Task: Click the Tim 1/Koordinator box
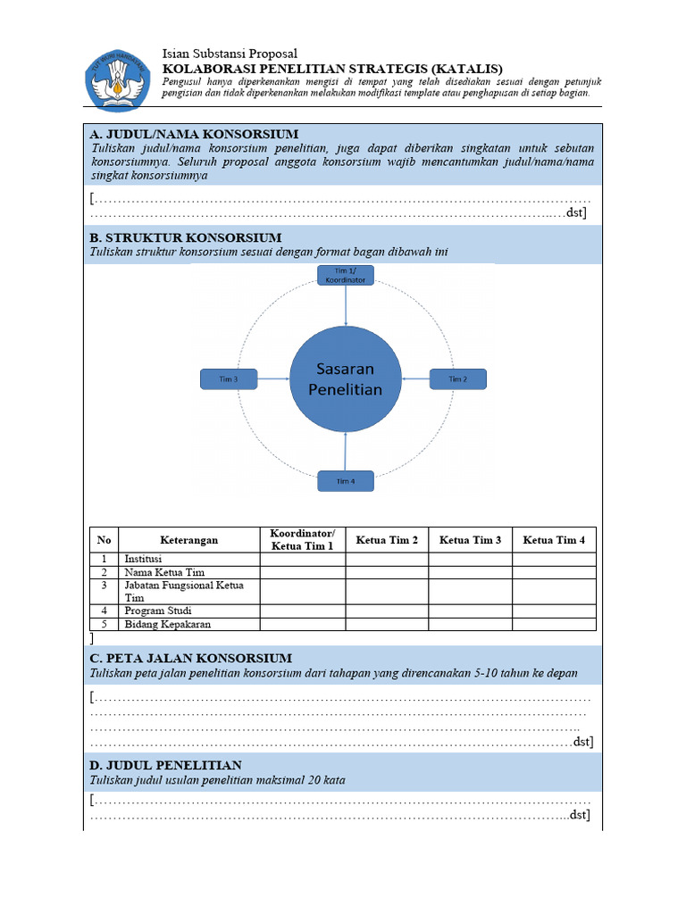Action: tap(346, 275)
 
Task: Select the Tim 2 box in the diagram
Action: tap(457, 379)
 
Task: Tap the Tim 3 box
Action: tap(229, 379)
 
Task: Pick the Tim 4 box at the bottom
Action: tap(346, 481)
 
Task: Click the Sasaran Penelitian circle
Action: tap(346, 379)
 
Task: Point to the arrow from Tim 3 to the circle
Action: tap(273, 379)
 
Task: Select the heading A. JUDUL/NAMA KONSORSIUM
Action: tap(194, 134)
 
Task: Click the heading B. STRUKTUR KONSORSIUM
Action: tap(186, 237)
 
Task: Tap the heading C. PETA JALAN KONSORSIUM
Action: tap(191, 658)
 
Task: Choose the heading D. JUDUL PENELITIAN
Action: tap(166, 765)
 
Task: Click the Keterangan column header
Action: tap(188, 540)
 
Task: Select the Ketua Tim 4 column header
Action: tap(554, 540)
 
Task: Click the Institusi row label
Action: tap(144, 559)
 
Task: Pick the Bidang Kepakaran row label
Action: tap(168, 624)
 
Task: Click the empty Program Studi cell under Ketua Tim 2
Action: tap(387, 611)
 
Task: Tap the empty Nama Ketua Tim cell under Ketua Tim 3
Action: tap(470, 572)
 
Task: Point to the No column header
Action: tap(105, 540)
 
